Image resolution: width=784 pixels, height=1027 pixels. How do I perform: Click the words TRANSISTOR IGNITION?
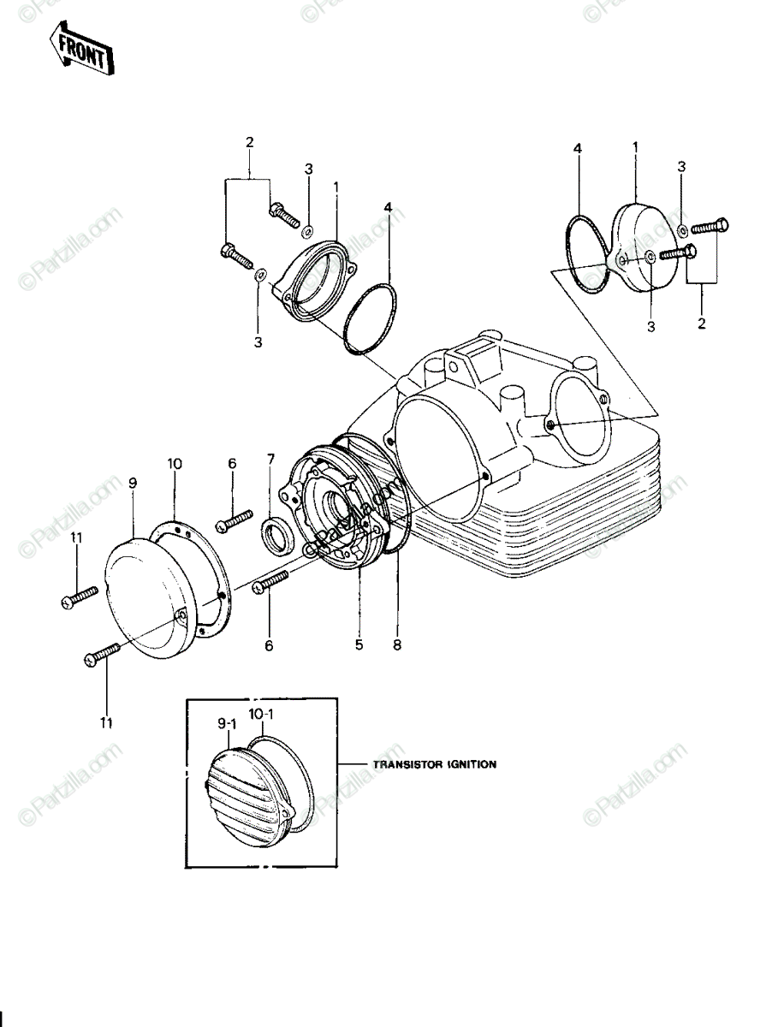point(435,764)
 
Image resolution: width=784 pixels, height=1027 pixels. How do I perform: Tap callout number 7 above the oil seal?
point(271,459)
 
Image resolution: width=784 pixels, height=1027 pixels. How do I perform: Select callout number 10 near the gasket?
point(175,464)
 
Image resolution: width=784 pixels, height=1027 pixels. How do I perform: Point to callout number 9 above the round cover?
point(133,484)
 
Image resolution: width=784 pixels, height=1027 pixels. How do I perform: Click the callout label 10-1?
point(261,715)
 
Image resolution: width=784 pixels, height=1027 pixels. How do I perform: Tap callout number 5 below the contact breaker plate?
point(359,644)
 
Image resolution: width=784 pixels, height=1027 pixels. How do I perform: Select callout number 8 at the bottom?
point(397,645)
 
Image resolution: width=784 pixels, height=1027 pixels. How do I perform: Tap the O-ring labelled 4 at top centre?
point(370,319)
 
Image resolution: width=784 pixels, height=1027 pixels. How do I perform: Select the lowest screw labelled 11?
point(102,654)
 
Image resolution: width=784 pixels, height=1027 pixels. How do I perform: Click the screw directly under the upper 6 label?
point(234,520)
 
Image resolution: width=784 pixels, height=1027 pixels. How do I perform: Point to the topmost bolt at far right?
point(710,227)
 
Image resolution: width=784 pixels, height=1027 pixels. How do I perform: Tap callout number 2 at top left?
point(249,142)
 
